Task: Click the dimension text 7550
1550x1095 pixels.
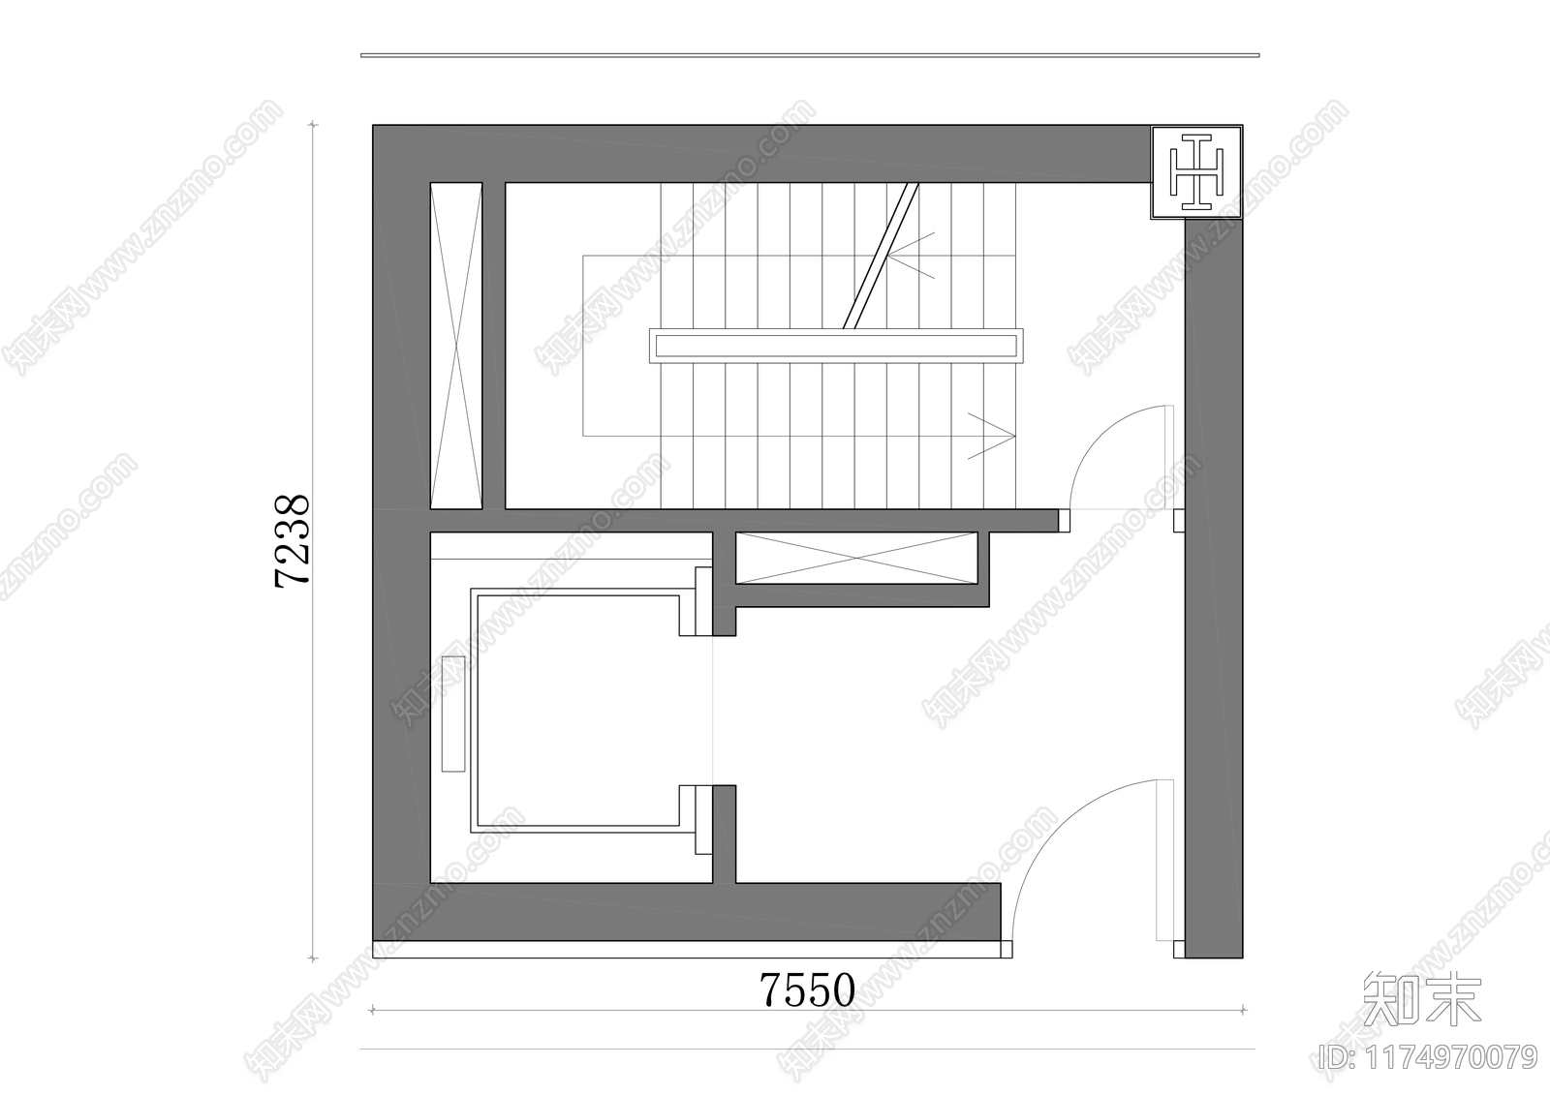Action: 807,990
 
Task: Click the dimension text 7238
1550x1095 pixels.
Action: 293,540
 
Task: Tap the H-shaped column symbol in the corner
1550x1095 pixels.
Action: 1196,172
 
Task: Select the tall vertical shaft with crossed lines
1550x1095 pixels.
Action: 455,346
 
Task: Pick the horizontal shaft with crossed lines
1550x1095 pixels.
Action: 855,559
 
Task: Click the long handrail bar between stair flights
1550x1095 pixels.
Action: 835,346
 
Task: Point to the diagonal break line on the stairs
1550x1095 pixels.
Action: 880,257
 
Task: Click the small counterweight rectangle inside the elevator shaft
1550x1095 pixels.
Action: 452,714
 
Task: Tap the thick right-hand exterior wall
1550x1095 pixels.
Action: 1213,581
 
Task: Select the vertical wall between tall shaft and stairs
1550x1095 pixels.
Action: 493,346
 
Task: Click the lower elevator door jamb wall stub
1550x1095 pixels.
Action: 724,833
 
